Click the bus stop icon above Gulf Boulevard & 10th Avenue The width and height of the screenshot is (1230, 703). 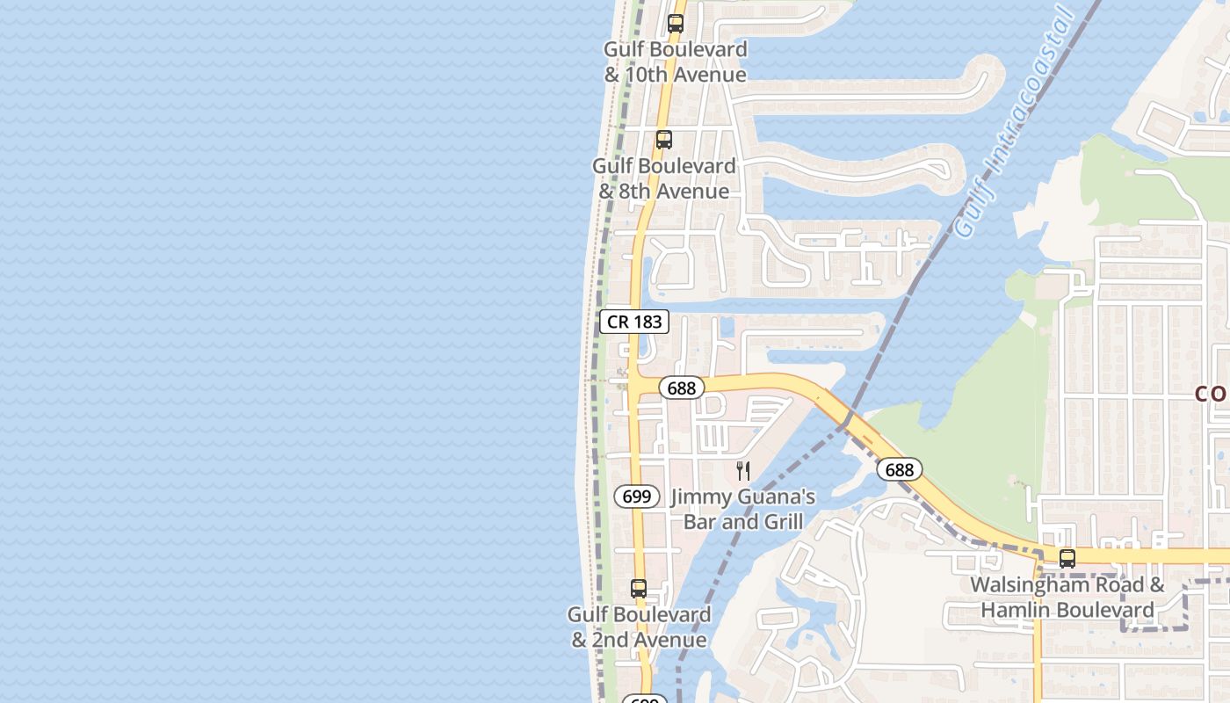point(675,24)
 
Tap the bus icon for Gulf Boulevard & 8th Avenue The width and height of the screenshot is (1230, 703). point(663,140)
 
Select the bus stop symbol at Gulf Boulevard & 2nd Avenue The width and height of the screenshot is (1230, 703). point(639,589)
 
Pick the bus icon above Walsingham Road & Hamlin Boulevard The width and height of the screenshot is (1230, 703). point(1067,558)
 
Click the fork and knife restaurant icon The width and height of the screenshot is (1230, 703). point(743,471)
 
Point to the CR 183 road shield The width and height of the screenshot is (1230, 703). point(635,322)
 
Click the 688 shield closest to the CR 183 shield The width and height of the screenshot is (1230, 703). point(681,388)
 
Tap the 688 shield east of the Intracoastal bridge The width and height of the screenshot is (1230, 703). point(899,470)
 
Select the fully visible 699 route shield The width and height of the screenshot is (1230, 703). point(636,496)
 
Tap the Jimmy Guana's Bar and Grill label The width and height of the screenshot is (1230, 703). point(743,510)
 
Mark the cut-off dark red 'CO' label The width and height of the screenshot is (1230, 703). point(1213,395)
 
